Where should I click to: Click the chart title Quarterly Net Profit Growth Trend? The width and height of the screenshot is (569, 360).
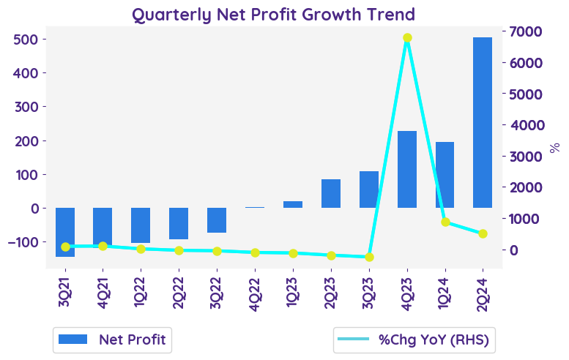[x=273, y=14]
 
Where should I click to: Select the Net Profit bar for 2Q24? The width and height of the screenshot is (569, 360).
[x=483, y=123]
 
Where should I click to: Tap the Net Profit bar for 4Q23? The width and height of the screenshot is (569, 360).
[x=407, y=170]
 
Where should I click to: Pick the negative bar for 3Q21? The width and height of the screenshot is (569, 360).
[x=65, y=232]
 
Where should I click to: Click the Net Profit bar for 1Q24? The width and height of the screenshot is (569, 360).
[x=445, y=175]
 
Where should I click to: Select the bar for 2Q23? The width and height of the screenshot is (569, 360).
[x=331, y=193]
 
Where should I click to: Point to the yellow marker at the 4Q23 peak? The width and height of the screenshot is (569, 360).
[x=407, y=38]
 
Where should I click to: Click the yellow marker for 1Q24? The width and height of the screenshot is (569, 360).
[x=445, y=222]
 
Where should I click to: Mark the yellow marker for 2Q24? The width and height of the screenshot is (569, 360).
[x=483, y=234]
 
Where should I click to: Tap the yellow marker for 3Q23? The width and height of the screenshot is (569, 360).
[x=369, y=257]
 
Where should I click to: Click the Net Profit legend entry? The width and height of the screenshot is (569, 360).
[x=112, y=340]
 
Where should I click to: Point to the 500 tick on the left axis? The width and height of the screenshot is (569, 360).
[x=28, y=39]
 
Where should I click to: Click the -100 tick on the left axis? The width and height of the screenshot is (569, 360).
[x=25, y=242]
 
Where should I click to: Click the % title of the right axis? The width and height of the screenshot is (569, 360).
[x=554, y=148]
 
